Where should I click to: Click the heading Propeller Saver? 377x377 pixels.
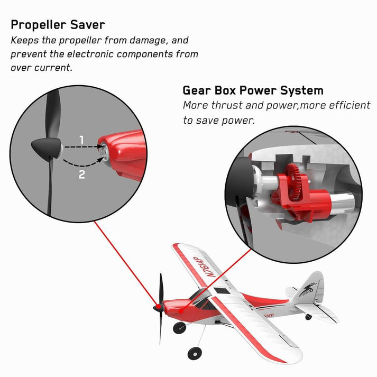[58, 24]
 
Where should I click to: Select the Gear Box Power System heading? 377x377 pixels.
[253, 90]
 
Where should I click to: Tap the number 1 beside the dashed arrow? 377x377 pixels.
[81, 140]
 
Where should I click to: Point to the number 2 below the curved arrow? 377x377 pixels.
[81, 174]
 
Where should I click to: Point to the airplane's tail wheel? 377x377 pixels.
[308, 317]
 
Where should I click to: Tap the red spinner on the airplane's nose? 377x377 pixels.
[157, 307]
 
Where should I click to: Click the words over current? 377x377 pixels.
[42, 68]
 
